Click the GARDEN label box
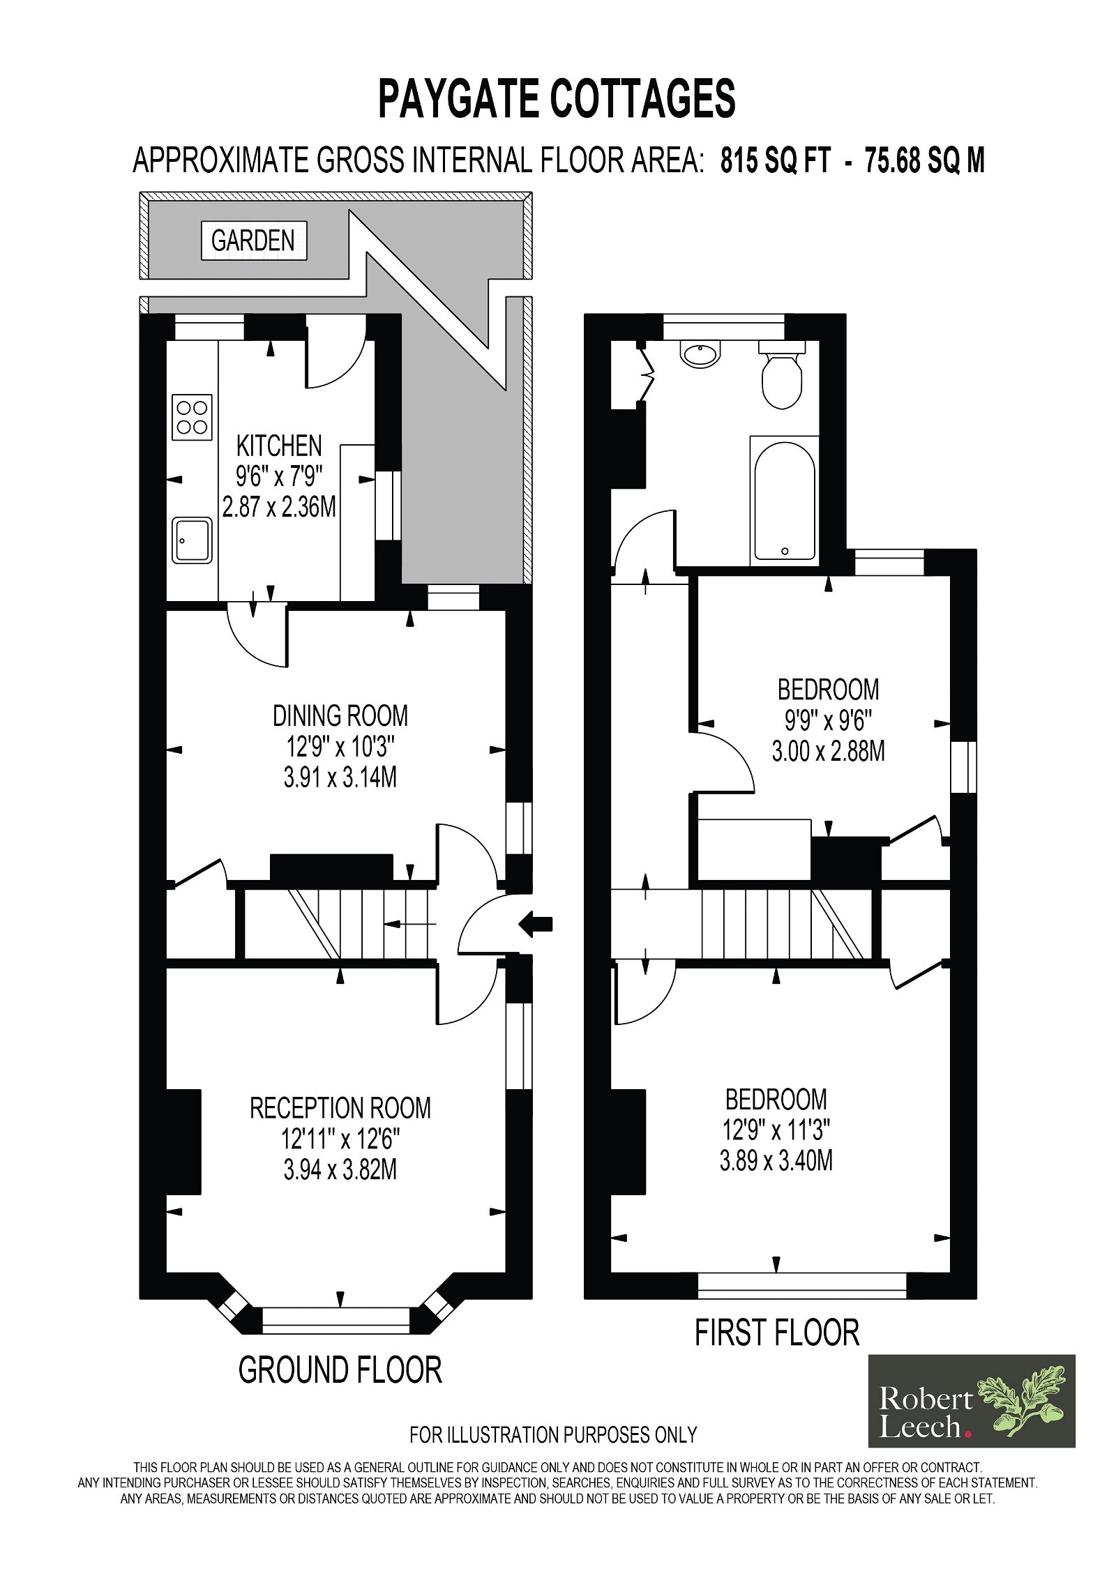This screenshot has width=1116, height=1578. click(254, 241)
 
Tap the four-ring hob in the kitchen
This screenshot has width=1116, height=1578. click(192, 417)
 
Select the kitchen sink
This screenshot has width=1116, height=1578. click(192, 540)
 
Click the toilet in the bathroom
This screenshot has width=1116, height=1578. click(782, 374)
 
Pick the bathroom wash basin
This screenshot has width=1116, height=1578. click(700, 355)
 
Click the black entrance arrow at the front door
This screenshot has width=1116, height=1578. click(536, 925)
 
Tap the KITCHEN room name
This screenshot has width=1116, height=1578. click(279, 446)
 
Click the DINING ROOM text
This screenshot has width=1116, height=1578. click(340, 716)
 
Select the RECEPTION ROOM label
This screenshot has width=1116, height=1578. click(340, 1108)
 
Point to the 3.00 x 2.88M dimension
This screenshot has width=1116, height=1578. click(828, 751)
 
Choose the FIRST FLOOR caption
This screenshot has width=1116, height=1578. click(777, 1333)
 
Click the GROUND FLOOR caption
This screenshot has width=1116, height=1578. click(340, 1370)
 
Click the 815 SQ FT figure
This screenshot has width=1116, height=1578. click(776, 160)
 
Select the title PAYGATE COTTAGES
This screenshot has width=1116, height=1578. click(557, 98)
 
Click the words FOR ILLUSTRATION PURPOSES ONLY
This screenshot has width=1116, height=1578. click(553, 1434)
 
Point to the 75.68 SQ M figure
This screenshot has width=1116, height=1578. click(925, 160)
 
